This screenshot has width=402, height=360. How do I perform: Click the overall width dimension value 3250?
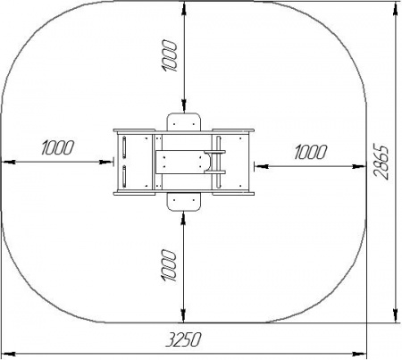coord(183,339)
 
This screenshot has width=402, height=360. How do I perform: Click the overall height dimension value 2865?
coord(381,162)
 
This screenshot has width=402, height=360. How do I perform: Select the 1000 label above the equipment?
coord(170,55)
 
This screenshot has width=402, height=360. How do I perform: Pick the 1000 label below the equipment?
coord(169,265)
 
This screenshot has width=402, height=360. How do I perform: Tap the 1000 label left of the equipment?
coord(57,147)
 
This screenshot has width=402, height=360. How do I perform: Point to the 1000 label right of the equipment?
coord(311,152)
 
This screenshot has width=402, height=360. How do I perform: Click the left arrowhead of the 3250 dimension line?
coord(8,354)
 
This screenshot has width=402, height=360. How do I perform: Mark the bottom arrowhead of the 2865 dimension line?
coord(395,315)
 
